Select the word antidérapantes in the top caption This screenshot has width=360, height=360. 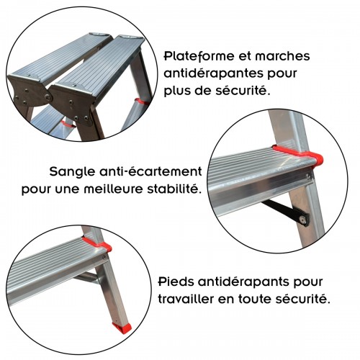click(217, 74)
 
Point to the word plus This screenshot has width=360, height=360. click(181, 92)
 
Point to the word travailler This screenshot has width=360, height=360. click(189, 297)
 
